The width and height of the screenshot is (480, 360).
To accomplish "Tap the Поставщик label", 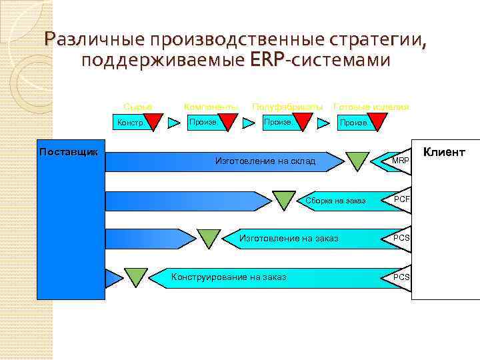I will tap(68, 151).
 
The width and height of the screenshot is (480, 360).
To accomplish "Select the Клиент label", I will tap(444, 152).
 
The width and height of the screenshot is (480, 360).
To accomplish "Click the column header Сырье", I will tap(137, 107).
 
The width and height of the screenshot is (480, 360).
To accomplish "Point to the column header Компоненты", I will tap(210, 107).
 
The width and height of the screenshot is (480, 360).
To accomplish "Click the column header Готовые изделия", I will tap(371, 107).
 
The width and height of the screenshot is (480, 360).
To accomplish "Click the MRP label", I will tap(401, 161).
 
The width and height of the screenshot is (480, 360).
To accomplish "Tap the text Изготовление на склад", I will tap(265, 161).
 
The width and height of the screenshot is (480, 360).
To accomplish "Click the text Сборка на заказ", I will tap(335, 201).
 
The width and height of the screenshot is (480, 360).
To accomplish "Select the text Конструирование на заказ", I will tap(229, 277).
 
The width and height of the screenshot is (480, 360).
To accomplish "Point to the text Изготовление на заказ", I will tap(289, 238).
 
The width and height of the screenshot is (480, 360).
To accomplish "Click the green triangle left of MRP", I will tap(357, 160).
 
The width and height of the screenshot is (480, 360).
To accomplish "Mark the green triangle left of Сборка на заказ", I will tap(284, 199).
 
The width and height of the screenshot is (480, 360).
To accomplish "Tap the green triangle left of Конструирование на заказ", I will tap(137, 275).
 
